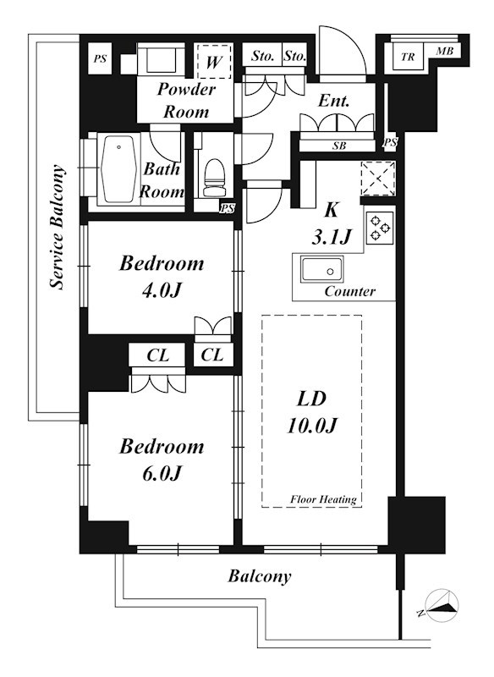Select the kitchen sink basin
coord(322,270)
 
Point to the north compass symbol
coord(442,605)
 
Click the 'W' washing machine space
coord(212,61)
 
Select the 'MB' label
coord(445,52)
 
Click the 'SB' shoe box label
coord(339,146)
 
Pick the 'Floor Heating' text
coord(323,499)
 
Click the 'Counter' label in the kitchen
coord(350,291)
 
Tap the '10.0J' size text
coord(311,426)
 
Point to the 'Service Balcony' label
coord(58,227)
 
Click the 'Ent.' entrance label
coord(333,101)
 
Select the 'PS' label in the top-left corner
coord(100,58)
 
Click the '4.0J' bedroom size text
coord(161,290)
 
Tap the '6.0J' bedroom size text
coord(161,474)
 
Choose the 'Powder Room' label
coord(186,100)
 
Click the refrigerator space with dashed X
coord(378,179)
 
